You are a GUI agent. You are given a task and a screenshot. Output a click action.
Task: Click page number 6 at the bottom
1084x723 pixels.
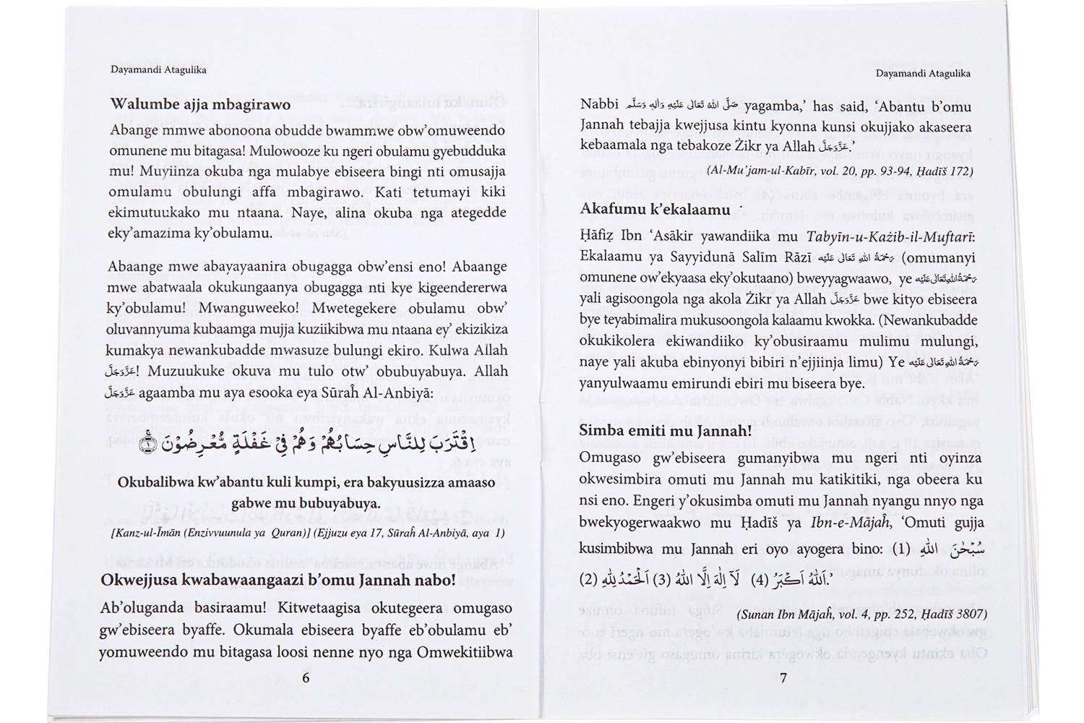coord(305,678)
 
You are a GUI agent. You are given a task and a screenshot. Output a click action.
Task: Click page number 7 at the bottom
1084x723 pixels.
coord(783,678)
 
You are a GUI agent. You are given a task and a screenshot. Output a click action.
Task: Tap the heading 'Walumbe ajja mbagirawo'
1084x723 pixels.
coord(200,104)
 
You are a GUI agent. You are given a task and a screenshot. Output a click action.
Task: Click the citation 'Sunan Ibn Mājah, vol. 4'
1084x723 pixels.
coord(862,615)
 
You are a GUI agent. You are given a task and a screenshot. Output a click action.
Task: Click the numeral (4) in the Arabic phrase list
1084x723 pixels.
coord(760,580)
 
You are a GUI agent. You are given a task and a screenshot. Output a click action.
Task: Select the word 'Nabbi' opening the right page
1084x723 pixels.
coord(599,104)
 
